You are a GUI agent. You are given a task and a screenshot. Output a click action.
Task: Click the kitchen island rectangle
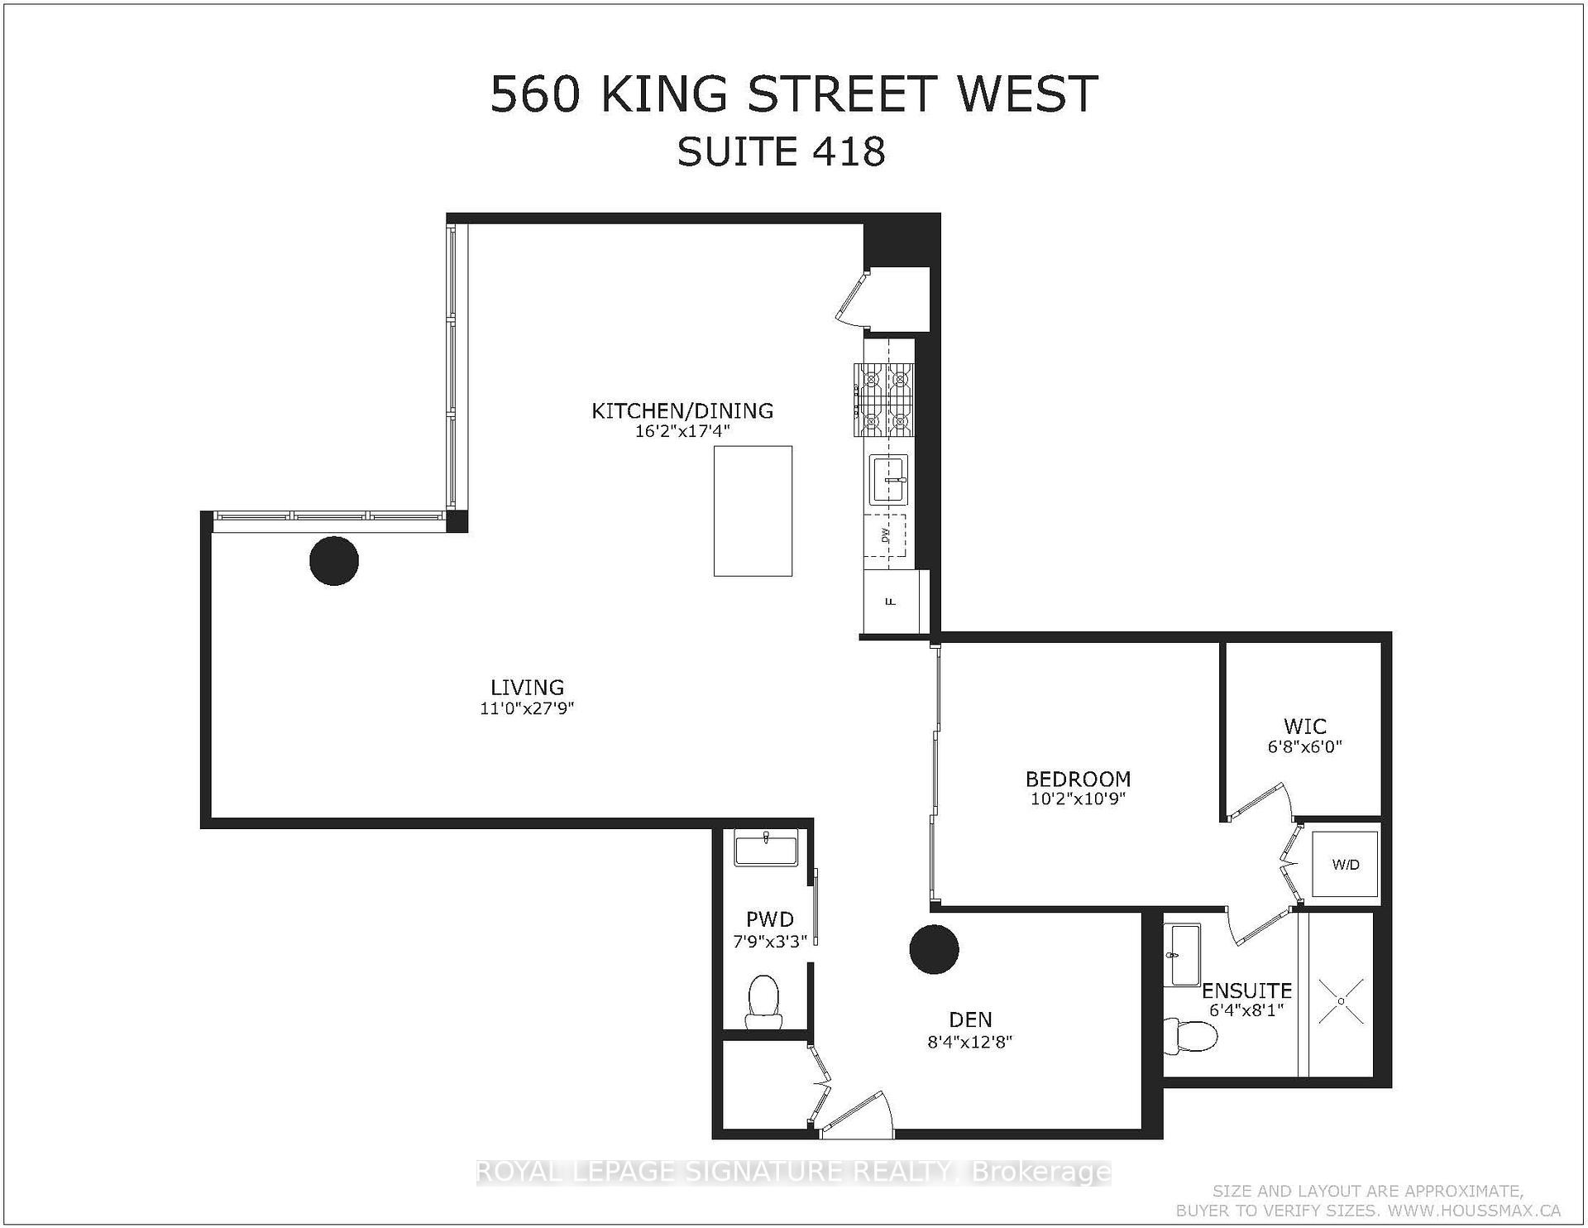tap(753, 511)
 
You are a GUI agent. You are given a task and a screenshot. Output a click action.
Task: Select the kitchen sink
tap(888, 479)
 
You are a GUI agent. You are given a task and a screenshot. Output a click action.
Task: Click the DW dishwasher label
tap(885, 535)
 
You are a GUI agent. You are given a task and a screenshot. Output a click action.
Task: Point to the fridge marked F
tap(891, 601)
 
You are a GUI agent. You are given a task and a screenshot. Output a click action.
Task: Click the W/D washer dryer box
tap(1346, 865)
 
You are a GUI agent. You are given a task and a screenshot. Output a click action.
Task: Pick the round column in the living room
tap(334, 561)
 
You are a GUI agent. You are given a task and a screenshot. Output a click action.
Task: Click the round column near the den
tap(934, 950)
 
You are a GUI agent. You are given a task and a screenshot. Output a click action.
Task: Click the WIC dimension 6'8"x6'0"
tap(1304, 746)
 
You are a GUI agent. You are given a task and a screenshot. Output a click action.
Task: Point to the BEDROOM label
tap(1078, 779)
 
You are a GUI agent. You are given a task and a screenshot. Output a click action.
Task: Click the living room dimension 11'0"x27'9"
tap(527, 708)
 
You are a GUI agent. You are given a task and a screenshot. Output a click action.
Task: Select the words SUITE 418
tap(781, 152)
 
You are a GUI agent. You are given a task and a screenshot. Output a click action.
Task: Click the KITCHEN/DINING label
tap(682, 410)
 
